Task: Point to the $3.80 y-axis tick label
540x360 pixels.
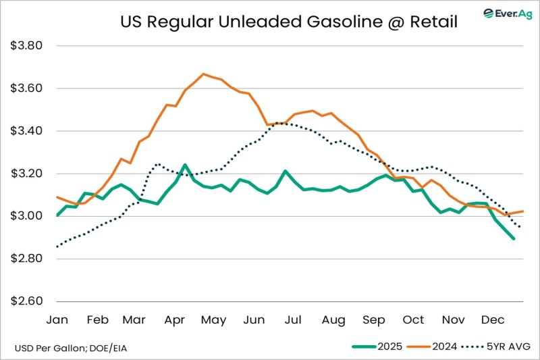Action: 27,46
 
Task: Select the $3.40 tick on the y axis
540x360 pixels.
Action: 27,131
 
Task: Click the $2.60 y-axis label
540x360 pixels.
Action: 27,301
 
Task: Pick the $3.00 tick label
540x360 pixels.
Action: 27,216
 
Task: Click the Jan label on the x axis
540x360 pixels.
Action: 57,319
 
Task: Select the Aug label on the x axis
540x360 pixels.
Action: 333,319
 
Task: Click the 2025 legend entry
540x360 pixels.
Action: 377,347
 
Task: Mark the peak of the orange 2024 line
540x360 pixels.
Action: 203,74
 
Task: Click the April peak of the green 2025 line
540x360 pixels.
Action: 185,164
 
